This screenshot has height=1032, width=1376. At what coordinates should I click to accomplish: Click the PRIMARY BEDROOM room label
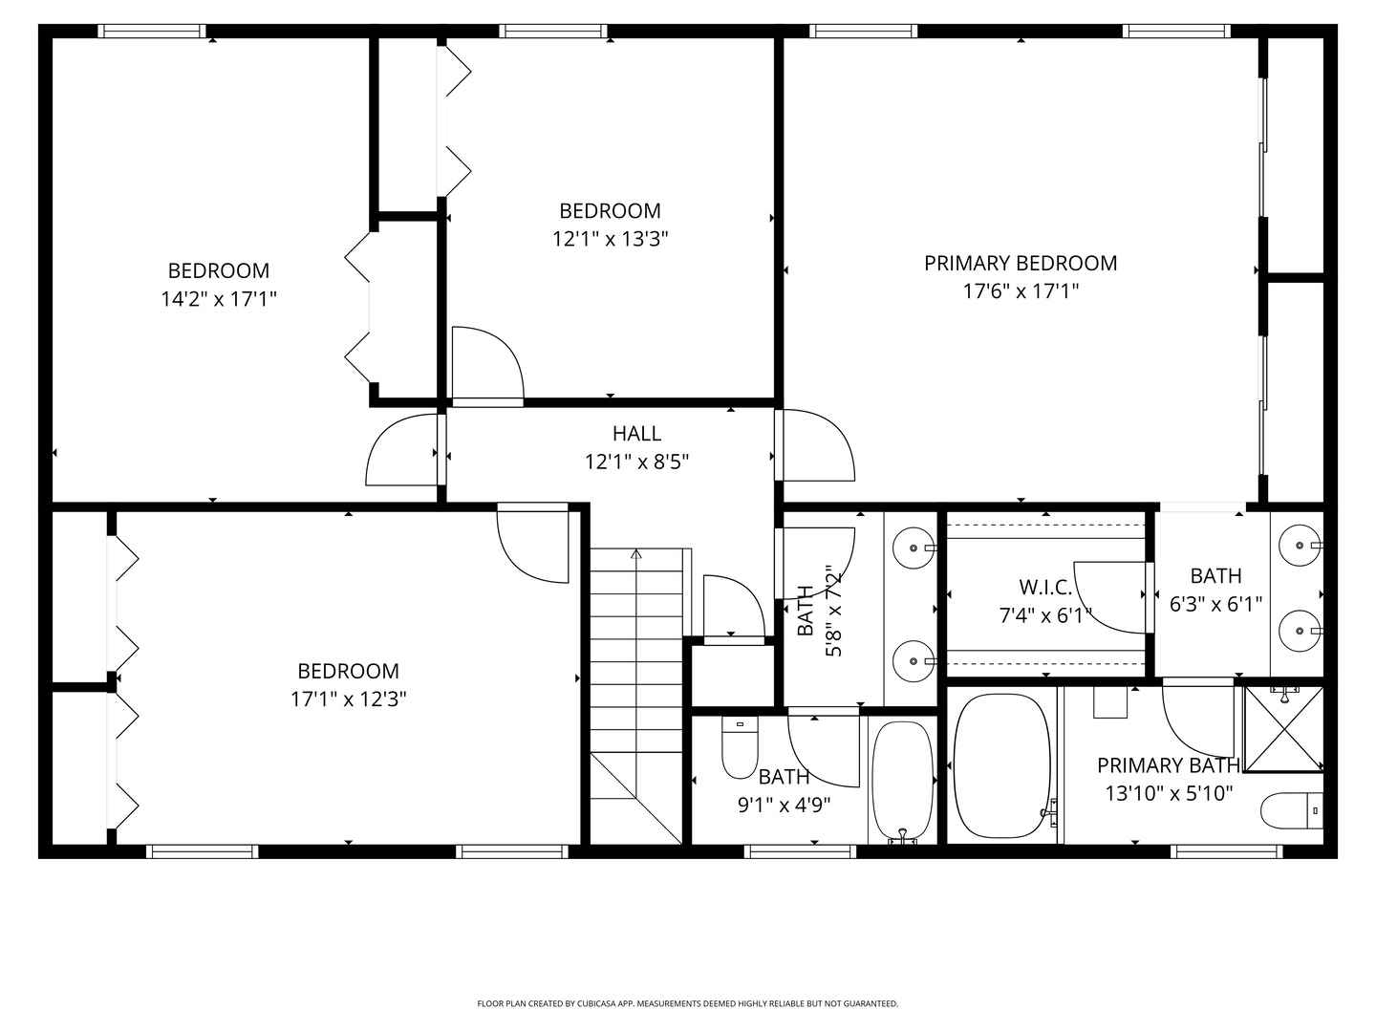point(1020,263)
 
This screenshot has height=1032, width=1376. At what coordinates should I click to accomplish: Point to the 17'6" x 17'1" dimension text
point(1020,291)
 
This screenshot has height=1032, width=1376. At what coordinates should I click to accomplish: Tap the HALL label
point(636,434)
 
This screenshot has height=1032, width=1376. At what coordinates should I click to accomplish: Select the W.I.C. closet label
point(1044,587)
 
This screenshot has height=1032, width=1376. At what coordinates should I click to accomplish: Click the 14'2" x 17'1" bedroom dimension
point(219,299)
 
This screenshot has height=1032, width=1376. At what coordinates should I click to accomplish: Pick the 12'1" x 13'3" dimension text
point(610,239)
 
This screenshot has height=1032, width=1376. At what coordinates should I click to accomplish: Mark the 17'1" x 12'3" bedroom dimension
point(349,699)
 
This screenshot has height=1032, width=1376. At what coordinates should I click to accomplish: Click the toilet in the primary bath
point(1291,811)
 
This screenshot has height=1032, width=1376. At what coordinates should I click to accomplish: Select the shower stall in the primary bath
point(1284,729)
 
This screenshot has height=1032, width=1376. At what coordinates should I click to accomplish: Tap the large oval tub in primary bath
point(1001,766)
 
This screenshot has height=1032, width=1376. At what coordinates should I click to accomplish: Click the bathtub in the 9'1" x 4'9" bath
point(902,782)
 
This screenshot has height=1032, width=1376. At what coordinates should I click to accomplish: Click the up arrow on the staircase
point(636,553)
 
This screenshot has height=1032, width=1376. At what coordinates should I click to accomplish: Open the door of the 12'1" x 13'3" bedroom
point(487,363)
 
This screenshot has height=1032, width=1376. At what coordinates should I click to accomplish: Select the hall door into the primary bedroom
point(812,444)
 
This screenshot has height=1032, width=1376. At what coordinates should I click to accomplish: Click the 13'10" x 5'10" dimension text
point(1169,793)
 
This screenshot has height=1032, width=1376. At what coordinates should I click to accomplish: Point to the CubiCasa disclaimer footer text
point(687,1003)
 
